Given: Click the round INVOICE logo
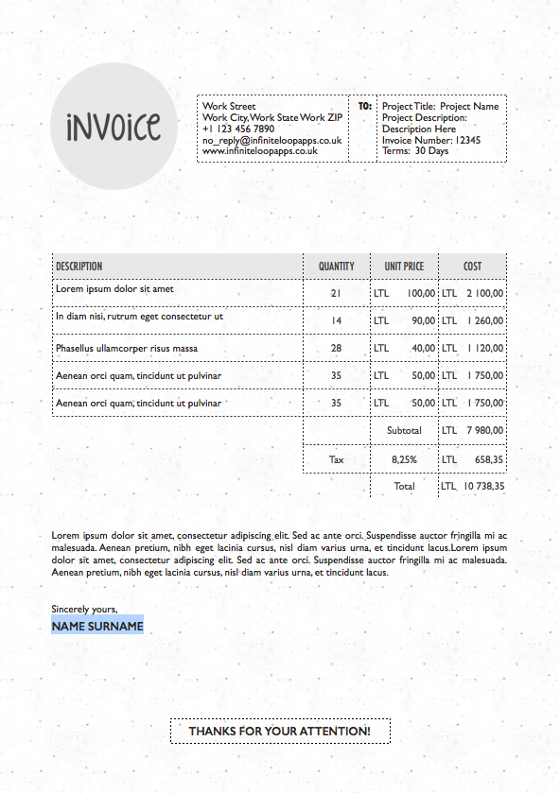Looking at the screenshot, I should pos(114,127).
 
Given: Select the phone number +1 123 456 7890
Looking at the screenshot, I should pos(238,129).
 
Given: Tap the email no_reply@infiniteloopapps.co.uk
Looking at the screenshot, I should pos(271,140).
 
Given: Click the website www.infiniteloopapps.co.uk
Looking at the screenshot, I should pos(259,150).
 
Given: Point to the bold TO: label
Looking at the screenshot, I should pos(364,107).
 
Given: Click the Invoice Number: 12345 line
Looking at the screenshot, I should pos(430,140).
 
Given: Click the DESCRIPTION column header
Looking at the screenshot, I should pos(79,267).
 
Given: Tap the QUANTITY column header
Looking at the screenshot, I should pos(336,267).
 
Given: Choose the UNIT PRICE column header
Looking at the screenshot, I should pos(404,267).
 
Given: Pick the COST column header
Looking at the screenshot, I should pos(472,267).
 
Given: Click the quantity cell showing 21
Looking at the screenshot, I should pos(336,294).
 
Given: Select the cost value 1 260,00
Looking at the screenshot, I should pos(484,321).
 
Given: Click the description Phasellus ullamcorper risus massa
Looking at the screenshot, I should pos(127,349).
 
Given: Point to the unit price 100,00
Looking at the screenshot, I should pos(421,294).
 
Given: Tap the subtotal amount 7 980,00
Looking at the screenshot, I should pos(484,431).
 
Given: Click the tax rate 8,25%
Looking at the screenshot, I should pos(404,459).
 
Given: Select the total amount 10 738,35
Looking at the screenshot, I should pos(483,487).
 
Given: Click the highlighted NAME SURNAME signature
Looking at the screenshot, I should pos(97,626).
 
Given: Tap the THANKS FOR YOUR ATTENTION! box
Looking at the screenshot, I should pos(279,732).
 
